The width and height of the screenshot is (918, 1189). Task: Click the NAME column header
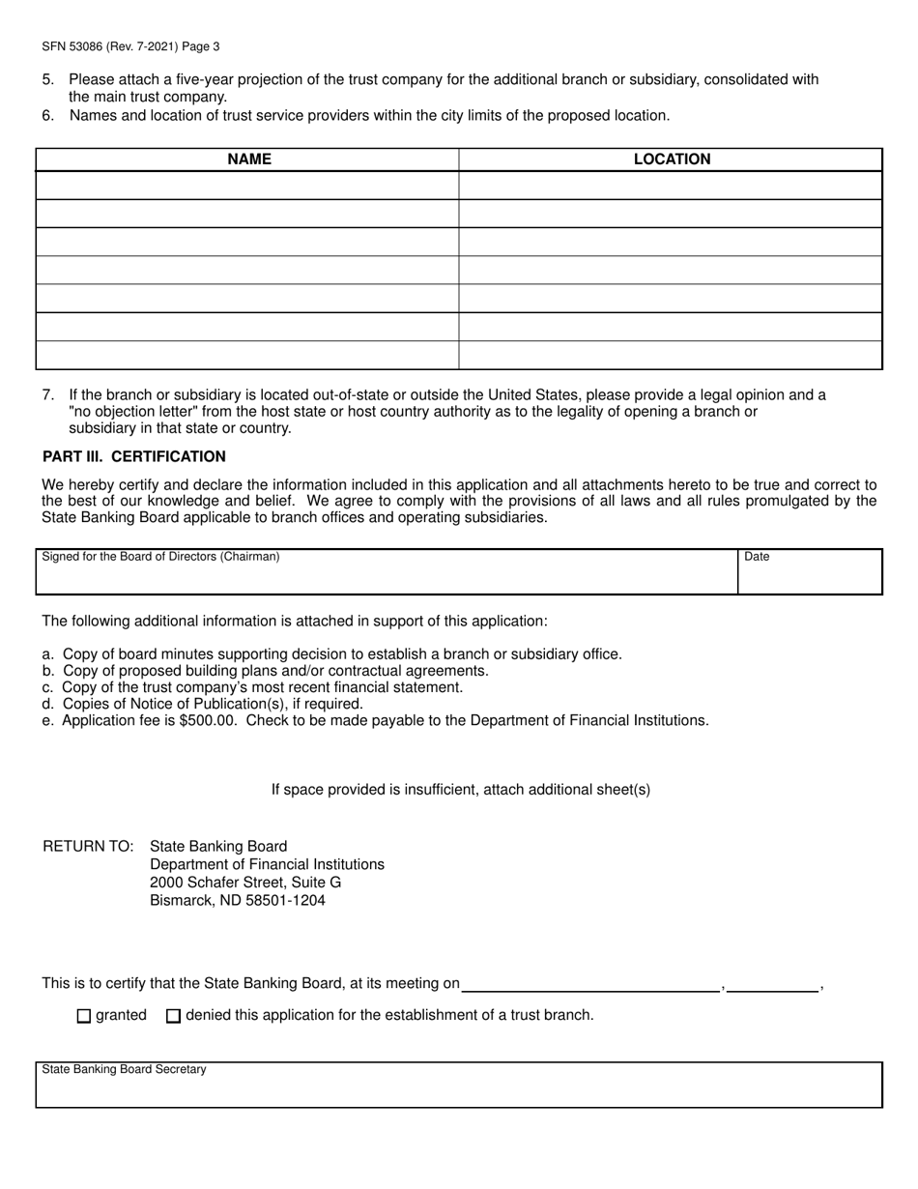pyautogui.click(x=248, y=159)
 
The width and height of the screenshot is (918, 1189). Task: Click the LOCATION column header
pyautogui.click(x=672, y=159)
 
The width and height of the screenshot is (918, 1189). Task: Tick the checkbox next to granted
pyautogui.click(x=83, y=1016)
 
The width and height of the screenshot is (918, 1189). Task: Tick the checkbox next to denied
pyautogui.click(x=174, y=1016)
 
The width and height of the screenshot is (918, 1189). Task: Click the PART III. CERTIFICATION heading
pyautogui.click(x=134, y=456)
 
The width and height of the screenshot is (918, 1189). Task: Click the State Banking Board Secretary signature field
pyautogui.click(x=459, y=1087)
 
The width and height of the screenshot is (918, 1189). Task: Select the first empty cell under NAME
pyautogui.click(x=247, y=186)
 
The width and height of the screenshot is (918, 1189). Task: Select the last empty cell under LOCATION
pyautogui.click(x=671, y=355)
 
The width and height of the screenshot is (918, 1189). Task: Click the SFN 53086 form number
pyautogui.click(x=77, y=45)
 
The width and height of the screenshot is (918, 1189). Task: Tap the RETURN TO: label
pyautogui.click(x=88, y=846)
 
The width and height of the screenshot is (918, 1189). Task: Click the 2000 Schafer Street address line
pyautogui.click(x=245, y=883)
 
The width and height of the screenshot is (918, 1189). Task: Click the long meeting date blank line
pyautogui.click(x=591, y=984)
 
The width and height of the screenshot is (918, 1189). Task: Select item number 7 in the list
pyautogui.click(x=48, y=394)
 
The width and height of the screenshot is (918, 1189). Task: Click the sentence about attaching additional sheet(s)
pyautogui.click(x=460, y=790)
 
